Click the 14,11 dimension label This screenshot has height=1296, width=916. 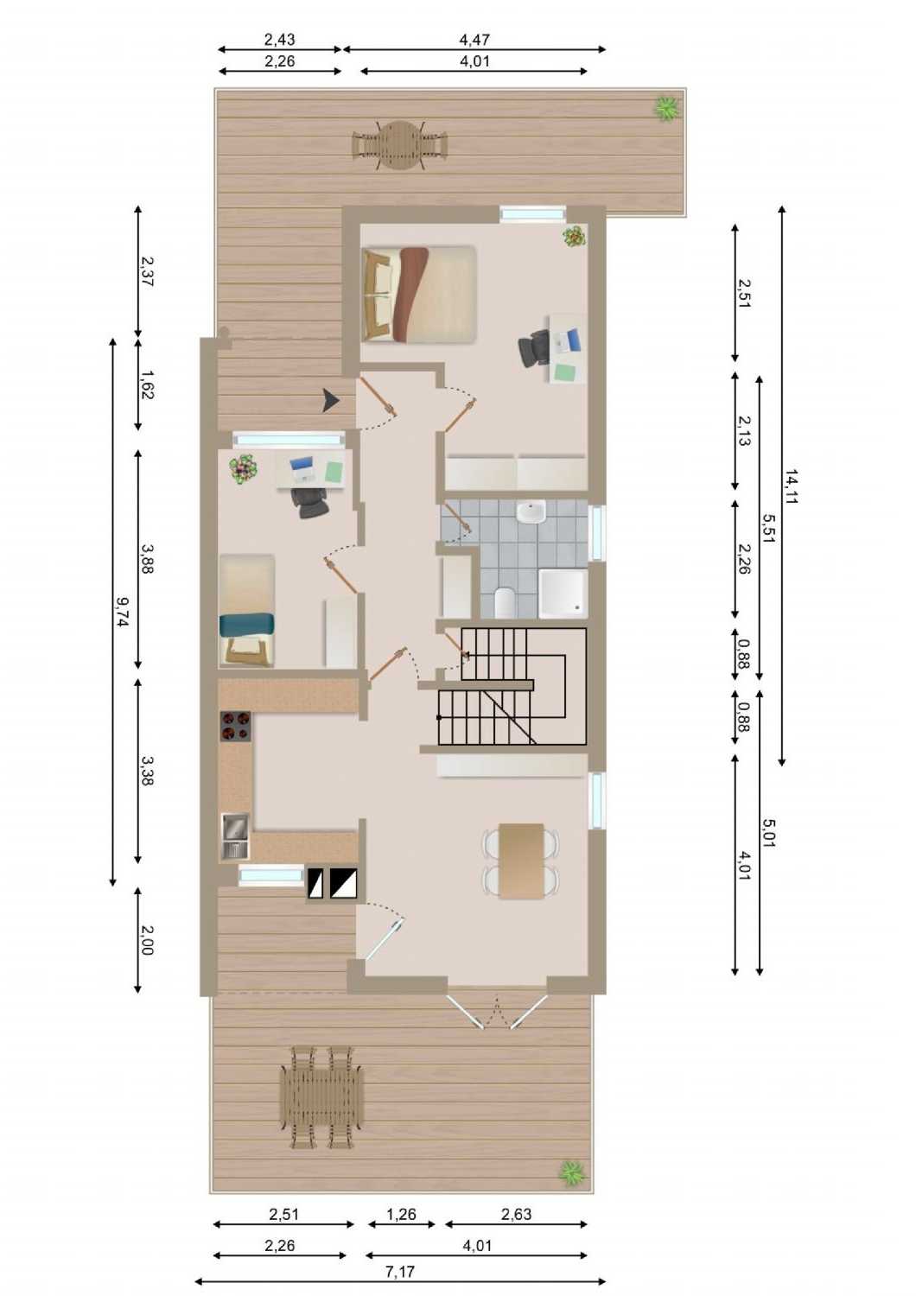(790, 486)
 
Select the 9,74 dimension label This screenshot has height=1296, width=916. (123, 612)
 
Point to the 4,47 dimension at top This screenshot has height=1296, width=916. (474, 40)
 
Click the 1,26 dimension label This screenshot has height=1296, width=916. (401, 1214)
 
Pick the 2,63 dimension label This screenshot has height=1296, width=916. (516, 1214)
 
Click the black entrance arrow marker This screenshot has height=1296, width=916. (330, 400)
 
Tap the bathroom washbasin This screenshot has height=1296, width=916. (531, 512)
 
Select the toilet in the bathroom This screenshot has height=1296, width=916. (503, 602)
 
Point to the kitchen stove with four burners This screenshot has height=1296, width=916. (236, 726)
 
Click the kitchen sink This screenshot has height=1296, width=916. (236, 835)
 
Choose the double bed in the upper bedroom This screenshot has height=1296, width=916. (419, 295)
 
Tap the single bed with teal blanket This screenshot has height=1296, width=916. (247, 610)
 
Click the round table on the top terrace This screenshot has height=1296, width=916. (400, 144)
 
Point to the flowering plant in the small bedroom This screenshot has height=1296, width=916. (244, 468)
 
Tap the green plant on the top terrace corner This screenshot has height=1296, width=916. (666, 108)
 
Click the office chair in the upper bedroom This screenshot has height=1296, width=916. (533, 348)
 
